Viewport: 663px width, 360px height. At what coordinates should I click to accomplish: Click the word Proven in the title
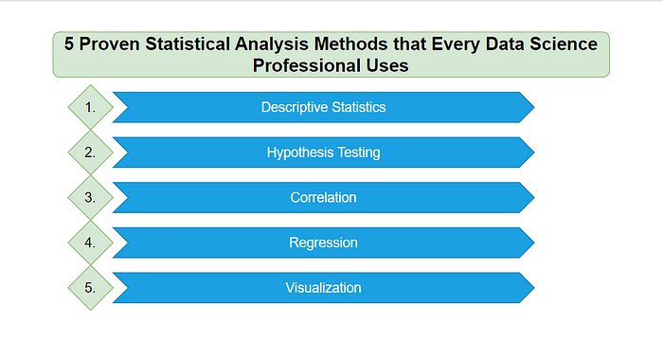click(115, 44)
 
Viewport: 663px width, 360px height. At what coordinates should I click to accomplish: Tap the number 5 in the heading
click(70, 44)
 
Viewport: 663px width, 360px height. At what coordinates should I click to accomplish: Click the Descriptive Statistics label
click(323, 107)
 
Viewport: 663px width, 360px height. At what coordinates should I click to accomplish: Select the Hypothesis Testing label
click(323, 153)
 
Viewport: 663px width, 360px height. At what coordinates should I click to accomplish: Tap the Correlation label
click(323, 197)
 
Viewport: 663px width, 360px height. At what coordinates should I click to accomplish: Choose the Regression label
click(323, 243)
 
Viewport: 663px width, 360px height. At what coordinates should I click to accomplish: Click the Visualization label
click(323, 287)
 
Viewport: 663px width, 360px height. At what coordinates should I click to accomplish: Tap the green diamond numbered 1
click(90, 107)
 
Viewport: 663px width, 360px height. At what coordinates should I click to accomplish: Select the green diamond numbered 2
click(90, 153)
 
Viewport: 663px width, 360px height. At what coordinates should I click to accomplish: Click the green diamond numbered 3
click(90, 197)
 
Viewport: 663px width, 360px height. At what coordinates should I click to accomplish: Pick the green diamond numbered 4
click(90, 243)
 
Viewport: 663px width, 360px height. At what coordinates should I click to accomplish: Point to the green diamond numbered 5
click(90, 287)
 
